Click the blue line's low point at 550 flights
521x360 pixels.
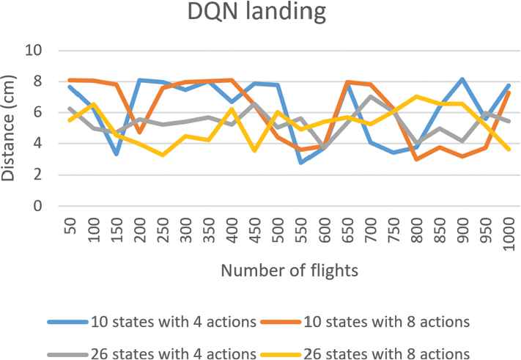click(x=300, y=163)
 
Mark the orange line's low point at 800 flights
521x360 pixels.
click(x=415, y=159)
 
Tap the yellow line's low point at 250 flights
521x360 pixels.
click(x=163, y=155)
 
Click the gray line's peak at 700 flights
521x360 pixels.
click(x=370, y=97)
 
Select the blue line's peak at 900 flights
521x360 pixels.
click(x=462, y=78)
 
